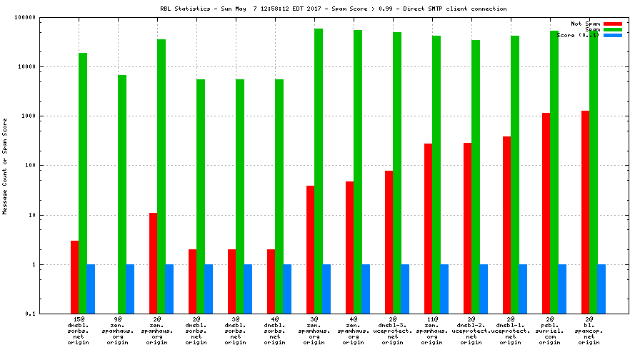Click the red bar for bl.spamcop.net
pyautogui.click(x=586, y=212)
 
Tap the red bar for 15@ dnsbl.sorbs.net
pyautogui.click(x=75, y=277)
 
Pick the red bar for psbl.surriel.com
pyautogui.click(x=546, y=213)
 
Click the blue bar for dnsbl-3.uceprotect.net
pyautogui.click(x=405, y=289)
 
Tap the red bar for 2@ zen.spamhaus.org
pyautogui.click(x=154, y=263)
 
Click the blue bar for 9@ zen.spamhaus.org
pyautogui.click(x=130, y=289)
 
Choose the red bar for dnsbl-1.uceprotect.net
pyautogui.click(x=507, y=225)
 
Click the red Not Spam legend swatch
pyautogui.click(x=613, y=24)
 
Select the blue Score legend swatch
pyautogui.click(x=613, y=35)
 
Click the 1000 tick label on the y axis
pyautogui.click(x=29, y=116)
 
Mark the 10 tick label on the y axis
pyautogui.click(x=33, y=215)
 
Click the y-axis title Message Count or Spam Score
pyautogui.click(x=6, y=166)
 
